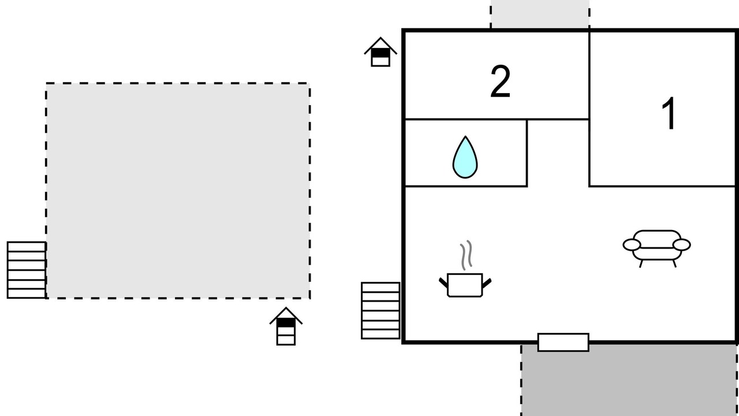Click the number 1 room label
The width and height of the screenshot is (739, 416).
tap(669, 114)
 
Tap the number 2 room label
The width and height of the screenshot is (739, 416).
tap(500, 82)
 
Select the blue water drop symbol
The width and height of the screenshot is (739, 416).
tap(465, 157)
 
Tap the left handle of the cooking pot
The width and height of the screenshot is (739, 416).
tap(443, 283)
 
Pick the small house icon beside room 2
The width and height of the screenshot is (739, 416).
tap(380, 53)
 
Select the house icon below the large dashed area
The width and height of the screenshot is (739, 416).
tap(286, 326)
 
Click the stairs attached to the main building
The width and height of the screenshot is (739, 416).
tap(380, 310)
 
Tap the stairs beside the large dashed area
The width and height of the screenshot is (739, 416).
tap(27, 270)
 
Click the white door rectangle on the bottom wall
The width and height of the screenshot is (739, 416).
tap(563, 342)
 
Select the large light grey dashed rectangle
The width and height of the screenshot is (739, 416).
tap(178, 191)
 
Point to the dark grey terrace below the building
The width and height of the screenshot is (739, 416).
tap(629, 381)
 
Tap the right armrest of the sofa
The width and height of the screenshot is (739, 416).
tap(682, 245)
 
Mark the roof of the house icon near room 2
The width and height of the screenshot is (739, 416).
tap(380, 43)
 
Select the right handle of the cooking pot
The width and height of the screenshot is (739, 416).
tap(487, 283)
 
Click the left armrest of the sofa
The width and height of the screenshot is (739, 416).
tap(631, 245)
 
